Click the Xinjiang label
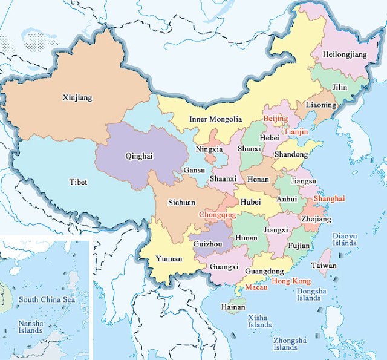click(77, 97)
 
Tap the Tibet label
click(77, 182)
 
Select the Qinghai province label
click(138, 155)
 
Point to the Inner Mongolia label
click(215, 119)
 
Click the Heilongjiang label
click(345, 54)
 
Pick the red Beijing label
click(276, 119)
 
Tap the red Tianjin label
click(296, 131)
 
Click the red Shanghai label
click(329, 198)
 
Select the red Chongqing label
click(218, 214)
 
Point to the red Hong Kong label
click(291, 281)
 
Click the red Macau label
click(256, 288)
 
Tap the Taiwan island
click(324, 254)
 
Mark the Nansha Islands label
click(30, 327)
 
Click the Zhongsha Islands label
click(285, 344)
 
